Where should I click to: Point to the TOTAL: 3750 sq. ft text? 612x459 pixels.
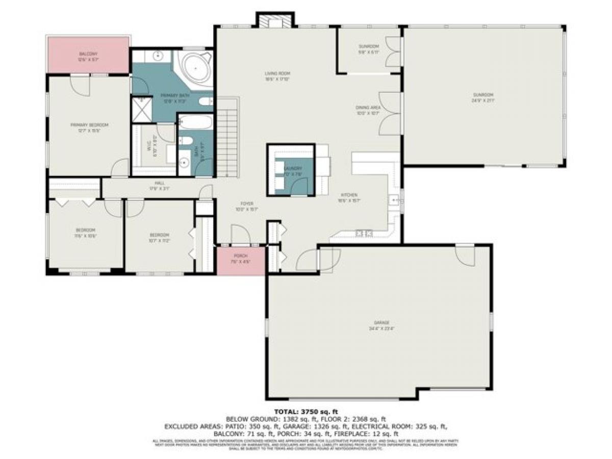[306, 411]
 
